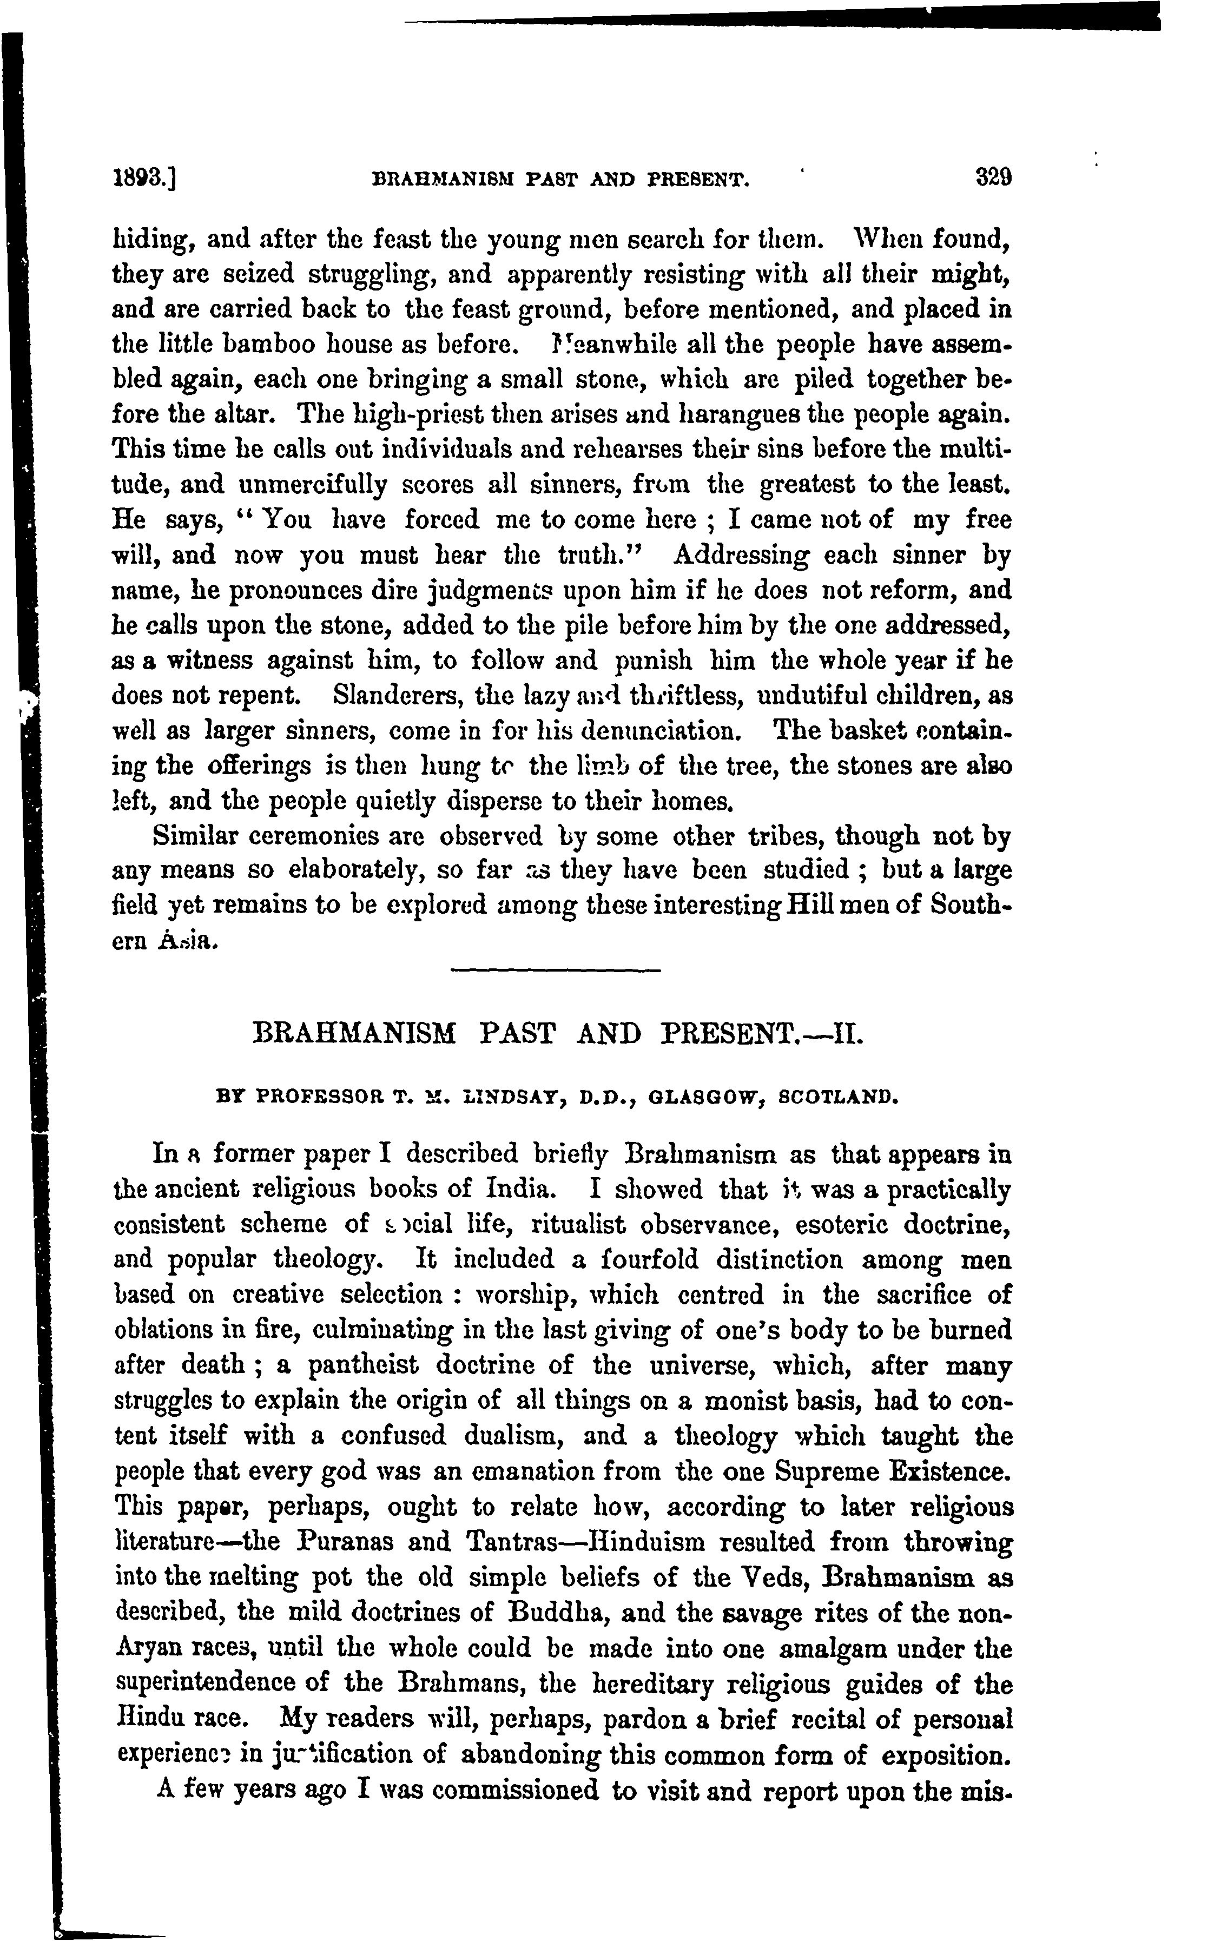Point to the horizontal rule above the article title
pyautogui.click(x=555, y=972)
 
